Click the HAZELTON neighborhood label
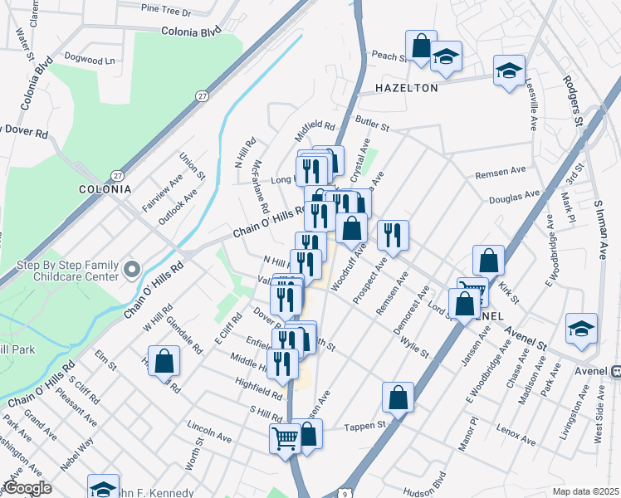[x=406, y=87]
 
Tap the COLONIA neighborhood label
[x=105, y=188]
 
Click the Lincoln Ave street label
[x=209, y=432]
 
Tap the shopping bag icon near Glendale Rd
[x=164, y=361]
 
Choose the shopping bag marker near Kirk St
[x=489, y=259]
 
